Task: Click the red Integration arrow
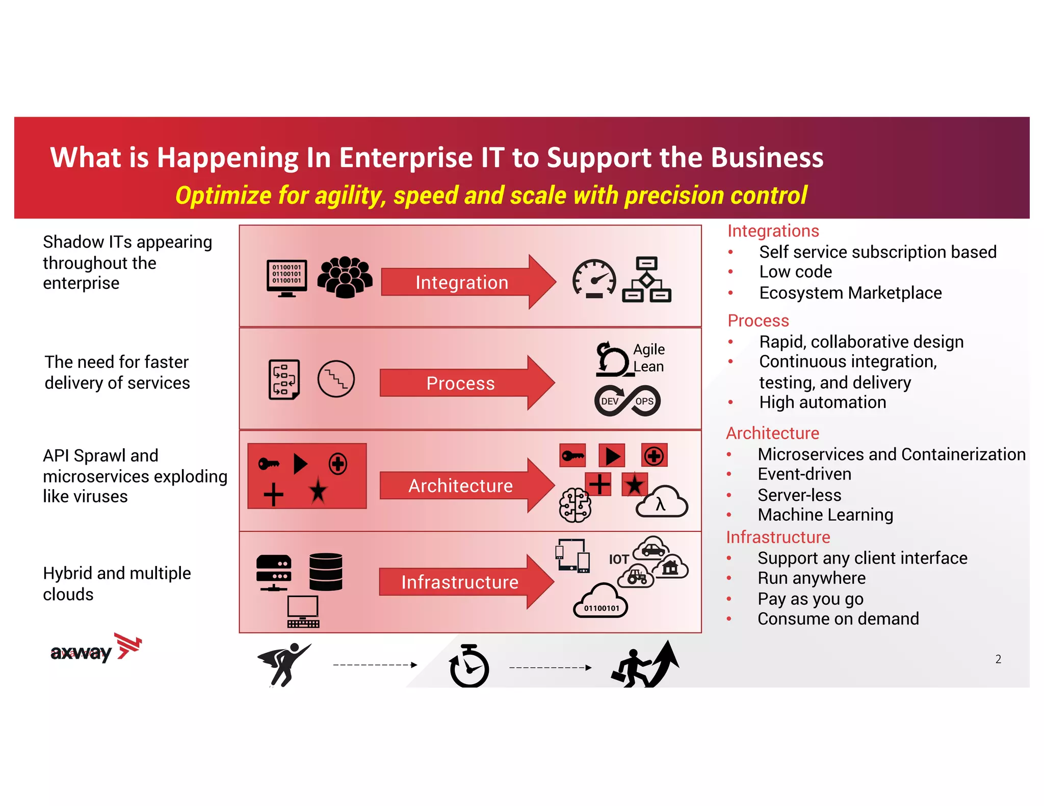click(461, 282)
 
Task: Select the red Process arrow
click(460, 383)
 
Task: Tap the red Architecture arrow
click(460, 486)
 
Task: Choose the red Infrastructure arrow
click(460, 582)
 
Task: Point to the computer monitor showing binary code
click(287, 278)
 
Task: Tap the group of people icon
click(345, 277)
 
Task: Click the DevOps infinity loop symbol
click(628, 401)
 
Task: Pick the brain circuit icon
click(575, 505)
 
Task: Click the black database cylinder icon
click(326, 572)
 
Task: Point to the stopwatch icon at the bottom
click(469, 666)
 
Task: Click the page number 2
click(998, 659)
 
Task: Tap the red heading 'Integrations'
click(773, 231)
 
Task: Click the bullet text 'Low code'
click(795, 272)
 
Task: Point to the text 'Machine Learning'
click(825, 515)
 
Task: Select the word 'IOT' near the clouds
click(619, 559)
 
